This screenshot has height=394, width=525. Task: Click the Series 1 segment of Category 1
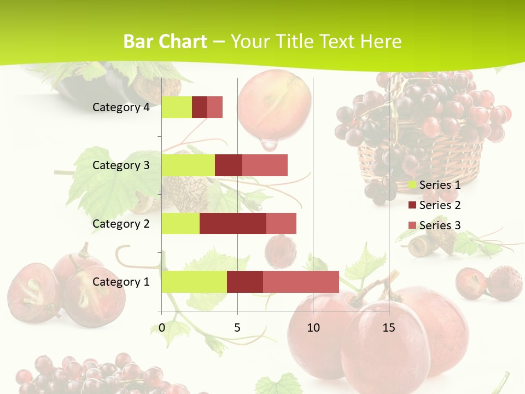click(x=194, y=282)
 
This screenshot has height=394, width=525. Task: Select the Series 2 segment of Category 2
click(x=233, y=223)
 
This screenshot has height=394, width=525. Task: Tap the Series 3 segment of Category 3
click(x=265, y=165)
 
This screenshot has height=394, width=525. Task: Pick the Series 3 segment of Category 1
click(x=301, y=282)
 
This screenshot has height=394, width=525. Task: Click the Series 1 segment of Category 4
click(x=177, y=107)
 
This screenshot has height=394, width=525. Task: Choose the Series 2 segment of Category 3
click(x=229, y=165)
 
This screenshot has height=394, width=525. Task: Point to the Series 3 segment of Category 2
click(x=281, y=223)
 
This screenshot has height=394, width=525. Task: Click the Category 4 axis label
click(x=121, y=107)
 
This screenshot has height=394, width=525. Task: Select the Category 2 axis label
click(x=121, y=223)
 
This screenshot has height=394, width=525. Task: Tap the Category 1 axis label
click(x=121, y=282)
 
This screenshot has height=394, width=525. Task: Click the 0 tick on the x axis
click(x=162, y=328)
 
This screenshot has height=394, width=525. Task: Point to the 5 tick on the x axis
click(x=237, y=328)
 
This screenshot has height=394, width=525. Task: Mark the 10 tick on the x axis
click(x=313, y=328)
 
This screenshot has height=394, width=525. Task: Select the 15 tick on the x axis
click(x=389, y=328)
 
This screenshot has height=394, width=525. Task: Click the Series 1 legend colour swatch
click(x=412, y=185)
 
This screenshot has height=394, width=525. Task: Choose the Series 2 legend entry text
click(x=440, y=205)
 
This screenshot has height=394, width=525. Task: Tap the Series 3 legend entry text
click(x=440, y=225)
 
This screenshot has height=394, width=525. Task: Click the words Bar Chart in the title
click(x=165, y=42)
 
